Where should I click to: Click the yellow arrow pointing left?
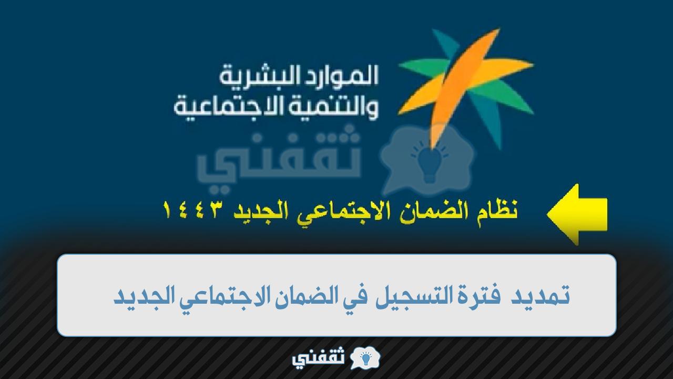[577, 214]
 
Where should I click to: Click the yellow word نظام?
[498, 211]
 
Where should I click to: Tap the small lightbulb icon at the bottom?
[365, 358]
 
